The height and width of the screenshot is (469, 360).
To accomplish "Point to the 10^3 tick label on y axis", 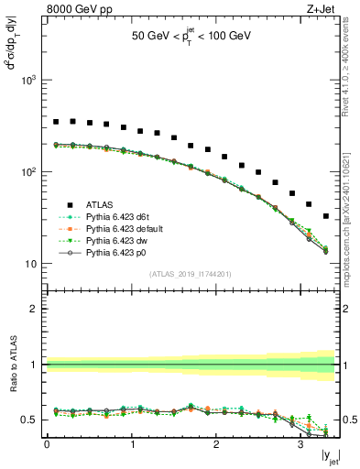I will [27, 81].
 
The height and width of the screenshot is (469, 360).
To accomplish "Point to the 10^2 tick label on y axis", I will [27, 172].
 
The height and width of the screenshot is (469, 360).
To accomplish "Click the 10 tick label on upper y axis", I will [30, 264].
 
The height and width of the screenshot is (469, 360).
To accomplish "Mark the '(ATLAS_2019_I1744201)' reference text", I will [191, 274].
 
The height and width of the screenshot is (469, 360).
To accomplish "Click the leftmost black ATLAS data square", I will [56, 121].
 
